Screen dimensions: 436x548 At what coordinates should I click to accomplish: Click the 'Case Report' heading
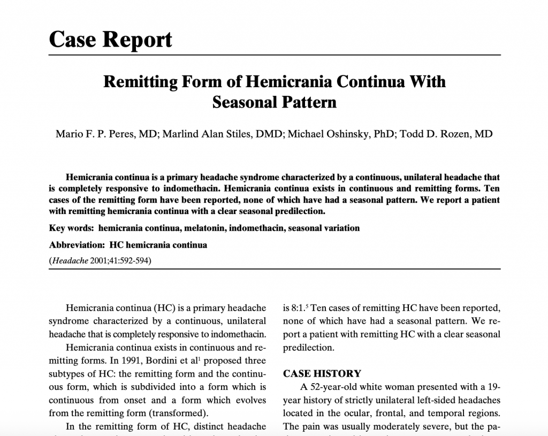[x=111, y=39]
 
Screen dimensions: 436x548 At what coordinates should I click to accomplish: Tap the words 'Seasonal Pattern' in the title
[x=274, y=102]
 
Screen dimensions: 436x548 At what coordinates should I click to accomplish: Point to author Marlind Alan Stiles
[x=221, y=134]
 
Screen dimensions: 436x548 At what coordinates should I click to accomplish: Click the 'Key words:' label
[x=71, y=228]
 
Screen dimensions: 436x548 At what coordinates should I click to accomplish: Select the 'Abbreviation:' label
[x=77, y=245]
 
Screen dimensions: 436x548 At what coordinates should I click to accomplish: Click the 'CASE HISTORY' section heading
[x=322, y=373]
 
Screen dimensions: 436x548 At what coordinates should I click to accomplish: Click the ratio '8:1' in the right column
[x=290, y=308]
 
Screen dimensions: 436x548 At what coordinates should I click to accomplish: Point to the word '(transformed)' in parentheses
[x=178, y=413]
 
